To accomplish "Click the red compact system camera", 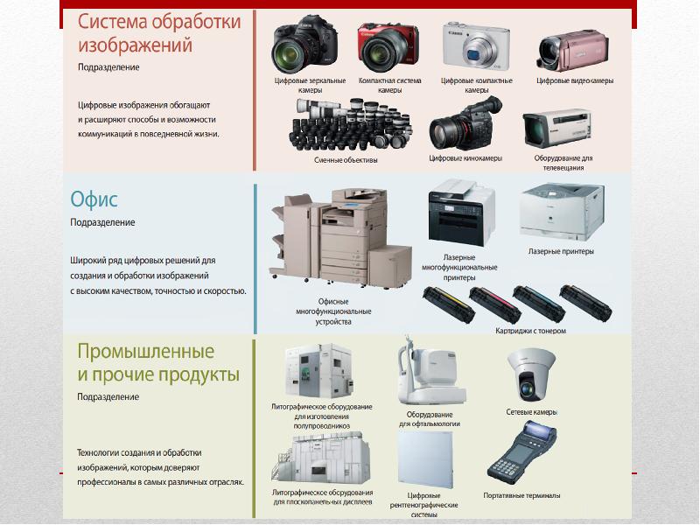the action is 388,48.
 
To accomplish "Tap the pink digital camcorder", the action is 573,51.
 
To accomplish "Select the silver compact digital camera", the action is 476,45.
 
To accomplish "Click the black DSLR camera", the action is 304,45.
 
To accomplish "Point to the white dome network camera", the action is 531,375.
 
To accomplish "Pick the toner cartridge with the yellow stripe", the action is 449,304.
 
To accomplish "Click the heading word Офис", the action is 94,199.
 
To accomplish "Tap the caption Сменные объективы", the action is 346,160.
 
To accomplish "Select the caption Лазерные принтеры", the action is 561,251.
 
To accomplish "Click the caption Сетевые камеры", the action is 531,412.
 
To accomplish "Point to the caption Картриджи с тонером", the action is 530,331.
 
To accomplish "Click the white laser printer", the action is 562,212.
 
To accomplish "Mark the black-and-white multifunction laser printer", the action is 461,213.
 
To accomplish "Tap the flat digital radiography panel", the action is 424,460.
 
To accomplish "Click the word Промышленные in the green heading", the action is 146,352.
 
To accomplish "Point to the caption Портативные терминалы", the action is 521,495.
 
